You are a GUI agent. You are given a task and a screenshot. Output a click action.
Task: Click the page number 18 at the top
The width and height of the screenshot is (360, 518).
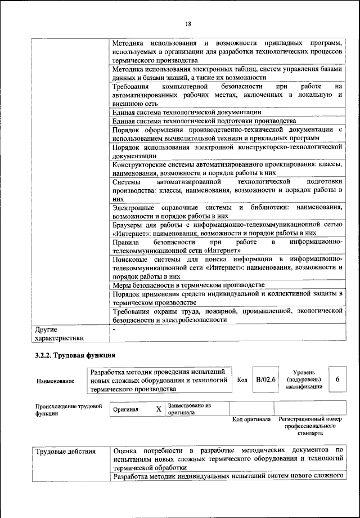coord(188,23)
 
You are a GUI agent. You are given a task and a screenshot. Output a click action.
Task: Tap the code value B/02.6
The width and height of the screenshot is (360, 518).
coord(265,380)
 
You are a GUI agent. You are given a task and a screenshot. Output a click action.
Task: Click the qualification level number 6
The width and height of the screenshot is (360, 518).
coord(337,380)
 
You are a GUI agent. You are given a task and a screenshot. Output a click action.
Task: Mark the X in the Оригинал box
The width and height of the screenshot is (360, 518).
coord(159,409)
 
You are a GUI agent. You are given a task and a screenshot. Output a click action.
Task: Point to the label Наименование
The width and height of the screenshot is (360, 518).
coord(55,381)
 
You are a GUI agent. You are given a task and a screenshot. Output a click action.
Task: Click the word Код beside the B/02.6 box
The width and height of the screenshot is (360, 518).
coord(242,380)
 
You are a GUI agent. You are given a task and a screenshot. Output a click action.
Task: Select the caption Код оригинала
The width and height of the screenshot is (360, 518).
coord(251,420)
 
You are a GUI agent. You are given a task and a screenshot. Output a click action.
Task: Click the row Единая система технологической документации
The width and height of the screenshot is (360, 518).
coord(186,112)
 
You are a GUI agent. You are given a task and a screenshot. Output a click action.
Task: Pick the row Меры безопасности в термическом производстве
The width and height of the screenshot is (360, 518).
coord(188,285)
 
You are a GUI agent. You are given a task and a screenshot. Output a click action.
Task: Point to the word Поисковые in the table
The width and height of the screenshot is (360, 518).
coord(130,258)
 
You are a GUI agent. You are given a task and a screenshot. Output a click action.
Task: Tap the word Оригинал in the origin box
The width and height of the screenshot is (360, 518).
coord(126,410)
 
